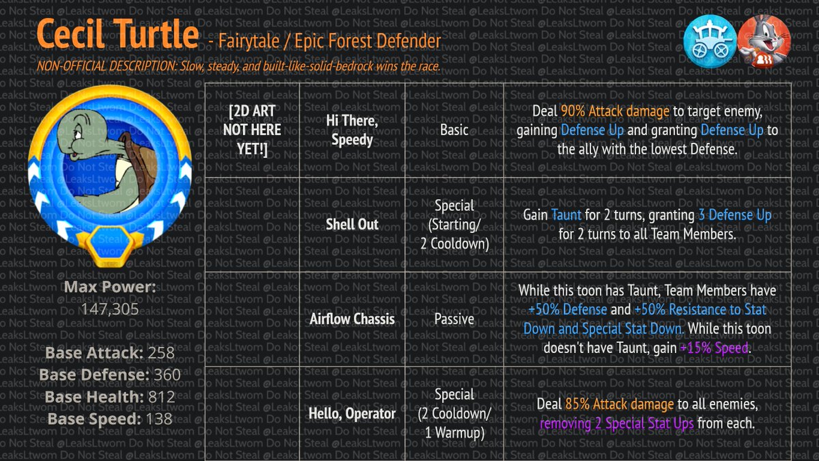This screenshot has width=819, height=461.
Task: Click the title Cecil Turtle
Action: click(x=118, y=34)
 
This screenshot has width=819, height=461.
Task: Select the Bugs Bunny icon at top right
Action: click(x=764, y=40)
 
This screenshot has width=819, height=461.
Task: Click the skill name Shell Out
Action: click(x=352, y=225)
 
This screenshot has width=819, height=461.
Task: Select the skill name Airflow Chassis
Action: click(x=352, y=318)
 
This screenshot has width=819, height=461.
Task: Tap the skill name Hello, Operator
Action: click(x=352, y=413)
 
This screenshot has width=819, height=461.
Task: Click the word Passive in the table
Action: click(x=455, y=318)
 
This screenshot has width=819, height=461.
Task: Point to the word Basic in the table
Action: click(x=455, y=130)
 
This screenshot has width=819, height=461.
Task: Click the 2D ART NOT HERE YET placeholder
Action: click(x=255, y=130)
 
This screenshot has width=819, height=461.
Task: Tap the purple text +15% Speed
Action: click(x=715, y=348)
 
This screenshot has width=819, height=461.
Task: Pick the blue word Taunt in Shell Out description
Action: click(x=566, y=215)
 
